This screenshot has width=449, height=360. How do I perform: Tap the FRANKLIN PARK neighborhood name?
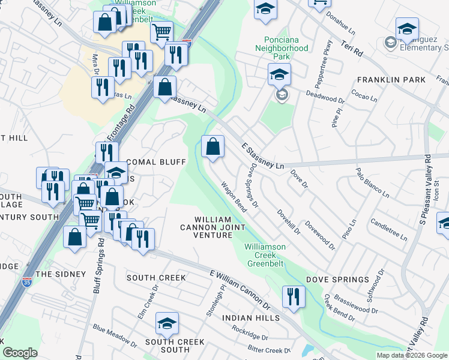coord(391,79)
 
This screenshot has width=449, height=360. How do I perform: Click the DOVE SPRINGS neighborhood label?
coord(337,280)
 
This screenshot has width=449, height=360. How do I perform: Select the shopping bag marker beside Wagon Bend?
coord(212,146)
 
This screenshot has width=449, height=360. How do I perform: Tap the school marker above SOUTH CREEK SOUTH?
coord(167,325)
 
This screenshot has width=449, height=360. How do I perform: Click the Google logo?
coord(20,353)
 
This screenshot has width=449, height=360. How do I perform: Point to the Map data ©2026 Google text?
coord(412,355)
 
